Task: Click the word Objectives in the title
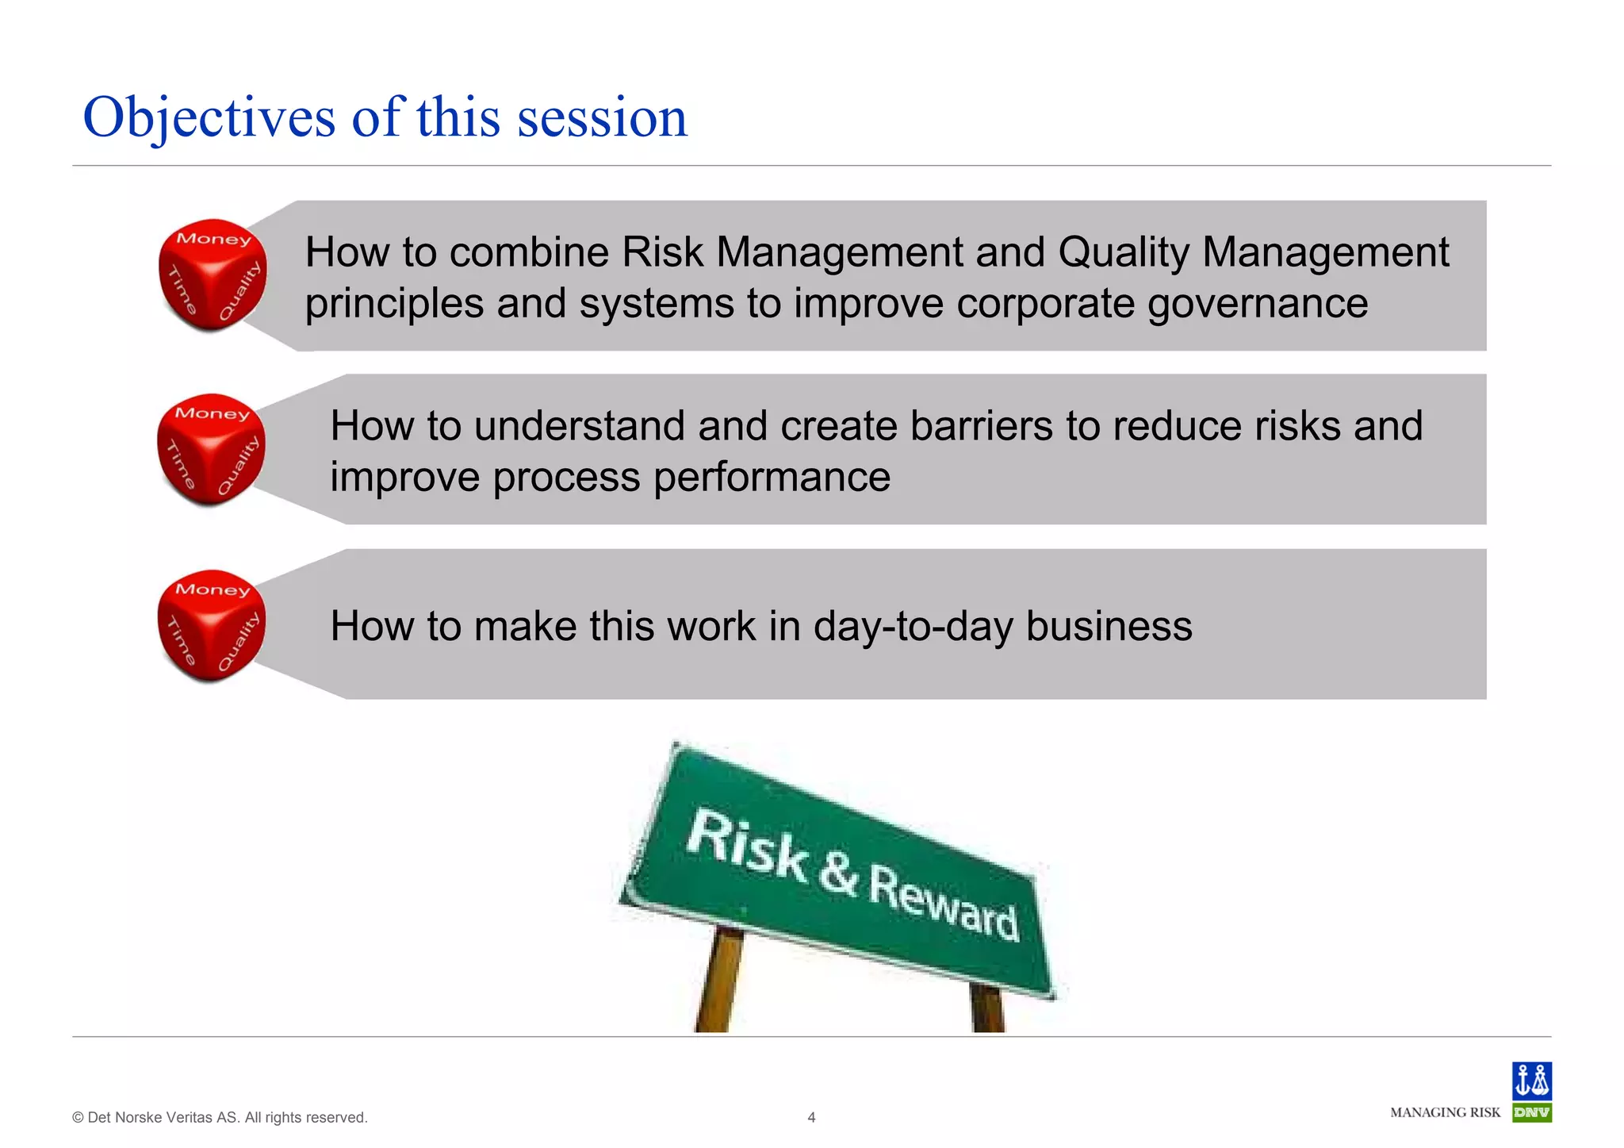(x=209, y=118)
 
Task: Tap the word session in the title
(x=602, y=118)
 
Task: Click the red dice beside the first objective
(x=212, y=275)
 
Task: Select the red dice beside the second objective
(x=211, y=449)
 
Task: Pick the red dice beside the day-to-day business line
(x=211, y=625)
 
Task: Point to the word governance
(x=1257, y=304)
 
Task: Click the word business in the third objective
(x=1109, y=627)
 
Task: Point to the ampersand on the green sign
(x=838, y=873)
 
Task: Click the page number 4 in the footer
(x=811, y=1118)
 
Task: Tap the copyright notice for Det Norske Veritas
(x=220, y=1118)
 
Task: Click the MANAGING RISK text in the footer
(x=1445, y=1113)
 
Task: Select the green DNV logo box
(x=1531, y=1112)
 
